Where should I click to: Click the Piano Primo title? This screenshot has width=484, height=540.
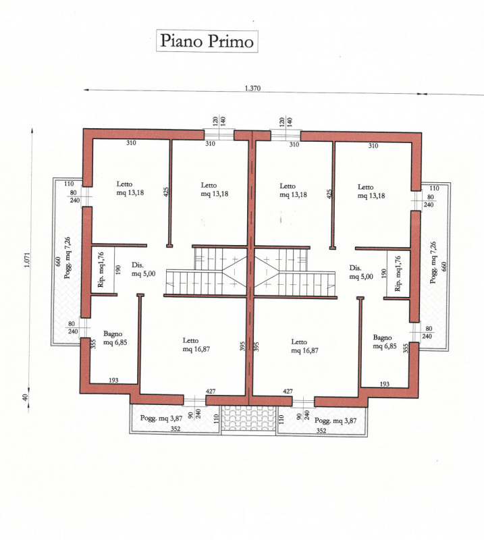pyautogui.click(x=207, y=41)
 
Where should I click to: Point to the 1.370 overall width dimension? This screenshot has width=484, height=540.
pyautogui.click(x=252, y=88)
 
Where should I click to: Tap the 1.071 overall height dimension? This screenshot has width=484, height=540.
pyautogui.click(x=28, y=260)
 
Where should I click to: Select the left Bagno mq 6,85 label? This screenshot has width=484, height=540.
pyautogui.click(x=115, y=338)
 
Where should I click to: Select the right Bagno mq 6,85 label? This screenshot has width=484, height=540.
pyautogui.click(x=385, y=342)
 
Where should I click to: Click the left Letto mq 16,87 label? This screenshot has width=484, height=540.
pyautogui.click(x=196, y=345)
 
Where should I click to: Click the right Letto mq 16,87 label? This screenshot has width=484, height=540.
pyautogui.click(x=304, y=346)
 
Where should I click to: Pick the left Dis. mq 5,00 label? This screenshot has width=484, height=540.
pyautogui.click(x=143, y=269)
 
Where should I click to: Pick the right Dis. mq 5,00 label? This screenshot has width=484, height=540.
pyautogui.click(x=361, y=272)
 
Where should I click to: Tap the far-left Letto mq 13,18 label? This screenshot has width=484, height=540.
pyautogui.click(x=130, y=188)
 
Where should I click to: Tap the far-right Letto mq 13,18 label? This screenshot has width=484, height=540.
pyautogui.click(x=371, y=192)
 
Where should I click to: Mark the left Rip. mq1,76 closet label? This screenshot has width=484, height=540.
pyautogui.click(x=101, y=269)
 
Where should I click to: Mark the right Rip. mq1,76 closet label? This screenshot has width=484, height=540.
pyautogui.click(x=398, y=273)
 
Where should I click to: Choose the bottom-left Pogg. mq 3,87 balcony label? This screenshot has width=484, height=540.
pyautogui.click(x=161, y=418)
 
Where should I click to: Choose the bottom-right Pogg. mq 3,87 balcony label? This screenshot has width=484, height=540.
pyautogui.click(x=335, y=421)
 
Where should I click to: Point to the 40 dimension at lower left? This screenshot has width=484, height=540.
pyautogui.click(x=25, y=397)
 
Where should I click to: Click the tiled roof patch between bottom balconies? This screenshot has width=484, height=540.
pyautogui.click(x=248, y=418)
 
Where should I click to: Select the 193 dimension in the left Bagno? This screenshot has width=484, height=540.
pyautogui.click(x=113, y=380)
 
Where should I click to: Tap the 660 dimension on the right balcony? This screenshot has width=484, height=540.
pyautogui.click(x=443, y=266)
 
